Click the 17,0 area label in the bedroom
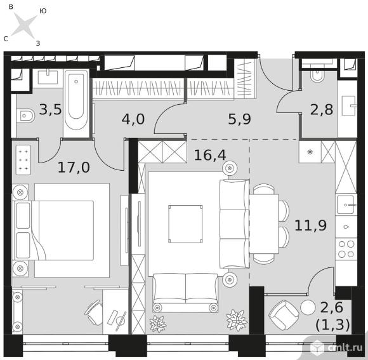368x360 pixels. pos(74,167)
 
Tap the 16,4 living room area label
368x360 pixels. pos(210,155)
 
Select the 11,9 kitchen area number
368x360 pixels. pos(310,225)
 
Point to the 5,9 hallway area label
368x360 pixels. pos(239,119)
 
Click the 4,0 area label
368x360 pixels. pos(133,119)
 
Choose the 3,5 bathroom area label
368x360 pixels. pos(50,109)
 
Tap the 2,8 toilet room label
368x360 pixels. pos(322,109)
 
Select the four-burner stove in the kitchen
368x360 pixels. pos(346,249)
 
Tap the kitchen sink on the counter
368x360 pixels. pos(345,205)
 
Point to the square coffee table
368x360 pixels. pos(185,224)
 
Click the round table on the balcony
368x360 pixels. pos(308,308)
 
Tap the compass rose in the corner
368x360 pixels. pos(24,25)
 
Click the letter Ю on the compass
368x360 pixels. pos(43,11)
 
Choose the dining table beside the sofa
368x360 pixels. pos(264,223)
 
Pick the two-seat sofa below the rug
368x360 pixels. pos(185,293)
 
